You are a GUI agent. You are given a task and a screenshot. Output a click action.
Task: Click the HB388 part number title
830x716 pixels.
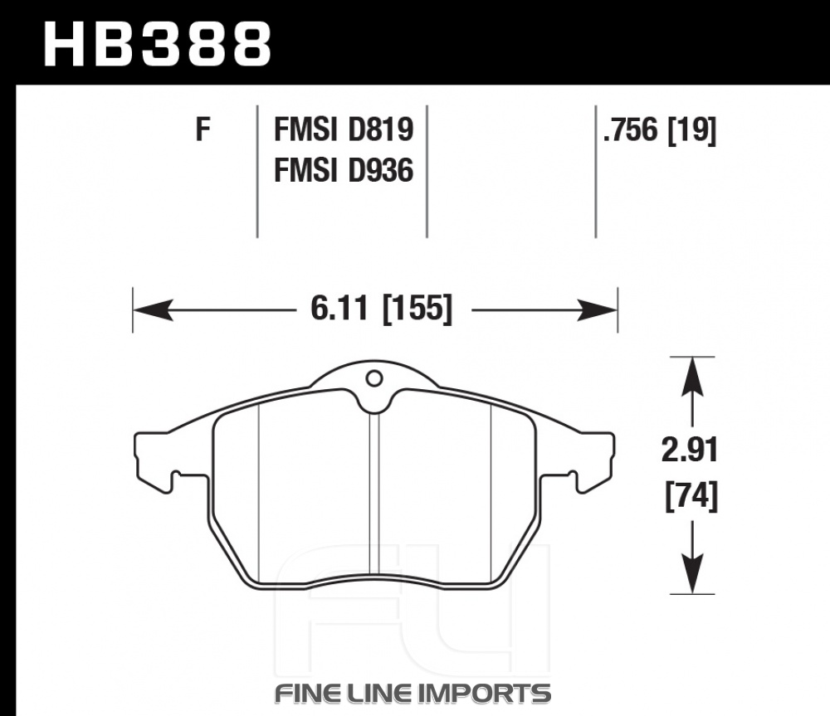coord(157,45)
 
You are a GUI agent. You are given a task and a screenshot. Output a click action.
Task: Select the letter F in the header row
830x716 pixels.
coord(203,129)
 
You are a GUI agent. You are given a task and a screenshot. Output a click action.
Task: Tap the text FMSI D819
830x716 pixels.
coord(344,129)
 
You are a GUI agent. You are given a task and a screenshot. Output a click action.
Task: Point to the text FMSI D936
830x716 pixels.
coord(344,170)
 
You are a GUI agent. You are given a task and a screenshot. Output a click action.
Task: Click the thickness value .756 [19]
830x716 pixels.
coord(660,129)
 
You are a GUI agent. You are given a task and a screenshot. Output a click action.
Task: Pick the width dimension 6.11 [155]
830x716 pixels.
coord(382,308)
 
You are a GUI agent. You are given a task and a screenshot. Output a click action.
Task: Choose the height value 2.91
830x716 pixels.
coord(690,451)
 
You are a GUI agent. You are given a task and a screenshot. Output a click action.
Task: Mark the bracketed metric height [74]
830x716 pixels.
coord(691,496)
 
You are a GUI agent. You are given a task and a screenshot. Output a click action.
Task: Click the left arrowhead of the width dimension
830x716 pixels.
coord(153,309)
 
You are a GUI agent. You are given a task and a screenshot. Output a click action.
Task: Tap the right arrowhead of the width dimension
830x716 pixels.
coord(597,309)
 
